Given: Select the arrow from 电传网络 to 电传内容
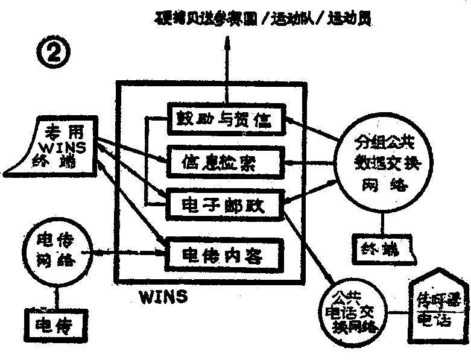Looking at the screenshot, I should point(130,254).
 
